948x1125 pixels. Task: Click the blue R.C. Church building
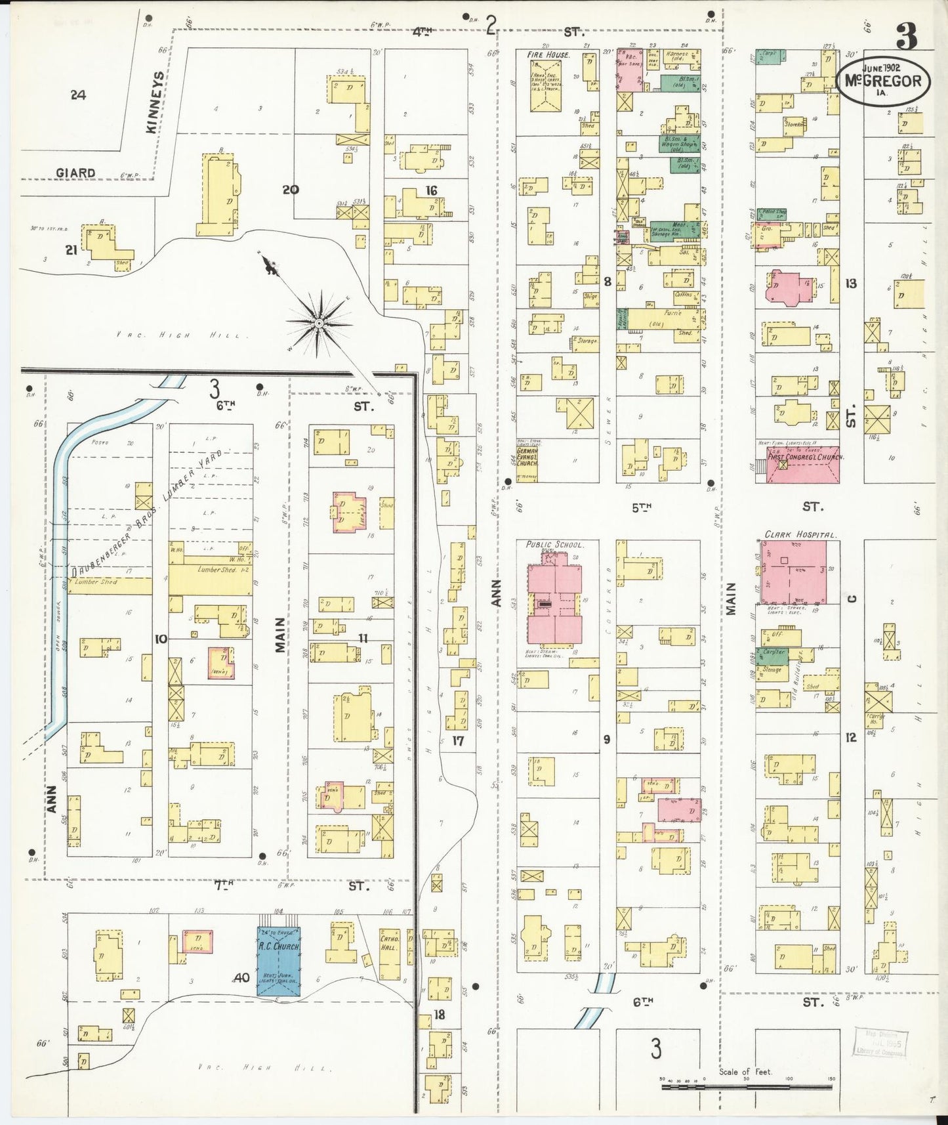[278, 960]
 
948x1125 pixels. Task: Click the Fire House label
[548, 55]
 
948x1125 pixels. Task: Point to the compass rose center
[319, 323]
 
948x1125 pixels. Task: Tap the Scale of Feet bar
[748, 1088]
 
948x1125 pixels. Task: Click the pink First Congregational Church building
[803, 465]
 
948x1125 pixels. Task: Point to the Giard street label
[75, 173]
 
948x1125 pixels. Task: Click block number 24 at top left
[78, 95]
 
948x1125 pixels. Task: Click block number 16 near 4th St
[430, 191]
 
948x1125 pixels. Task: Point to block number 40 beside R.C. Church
[241, 978]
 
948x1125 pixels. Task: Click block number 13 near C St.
[851, 284]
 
